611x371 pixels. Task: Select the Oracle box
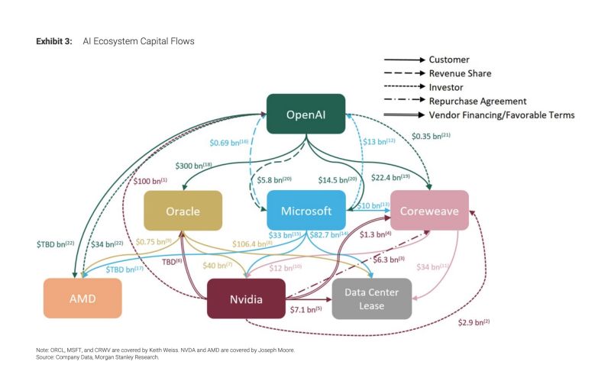point(183,211)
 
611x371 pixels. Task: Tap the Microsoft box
point(305,211)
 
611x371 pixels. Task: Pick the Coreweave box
point(428,211)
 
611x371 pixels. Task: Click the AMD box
point(82,298)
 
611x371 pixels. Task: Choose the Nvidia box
point(245,298)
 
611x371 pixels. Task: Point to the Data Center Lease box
point(372,298)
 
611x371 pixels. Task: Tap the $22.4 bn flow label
point(391,178)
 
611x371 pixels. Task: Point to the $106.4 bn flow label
point(253,244)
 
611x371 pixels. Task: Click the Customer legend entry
point(449,60)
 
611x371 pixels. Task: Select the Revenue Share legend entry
point(460,73)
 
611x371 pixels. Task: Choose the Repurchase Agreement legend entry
point(478,101)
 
